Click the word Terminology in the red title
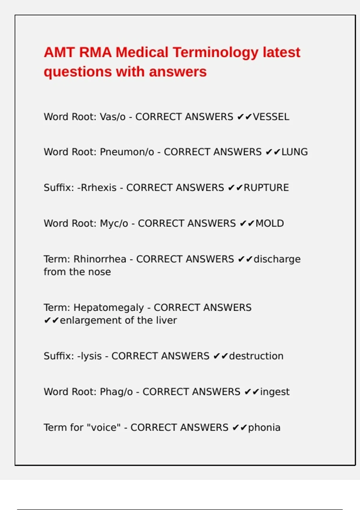(215, 52)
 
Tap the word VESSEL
(271, 117)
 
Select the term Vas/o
(112, 117)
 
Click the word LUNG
(294, 152)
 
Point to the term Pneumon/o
(127, 152)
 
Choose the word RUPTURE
(266, 188)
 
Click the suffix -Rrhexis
(97, 188)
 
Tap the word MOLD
(269, 223)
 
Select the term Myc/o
(114, 223)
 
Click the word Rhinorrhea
(100, 259)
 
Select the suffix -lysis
(89, 356)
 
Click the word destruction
(256, 356)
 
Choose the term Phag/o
(116, 392)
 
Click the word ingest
(274, 392)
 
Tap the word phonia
(264, 428)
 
